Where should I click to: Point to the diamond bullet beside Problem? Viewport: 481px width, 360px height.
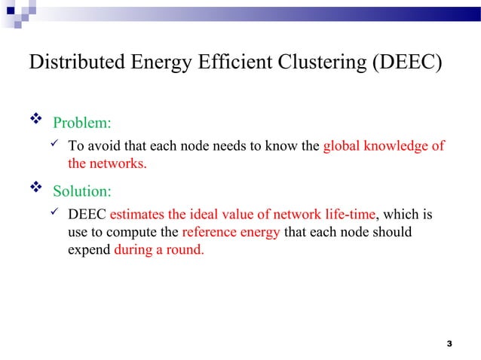click(x=34, y=121)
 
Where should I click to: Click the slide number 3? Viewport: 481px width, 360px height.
click(x=449, y=344)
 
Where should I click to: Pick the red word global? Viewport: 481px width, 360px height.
click(x=341, y=146)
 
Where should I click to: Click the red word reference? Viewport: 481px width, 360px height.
click(x=208, y=232)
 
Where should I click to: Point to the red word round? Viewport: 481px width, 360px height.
click(x=186, y=249)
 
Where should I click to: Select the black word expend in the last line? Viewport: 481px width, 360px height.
click(x=89, y=249)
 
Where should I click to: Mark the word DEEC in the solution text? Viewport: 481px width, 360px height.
click(x=87, y=215)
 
